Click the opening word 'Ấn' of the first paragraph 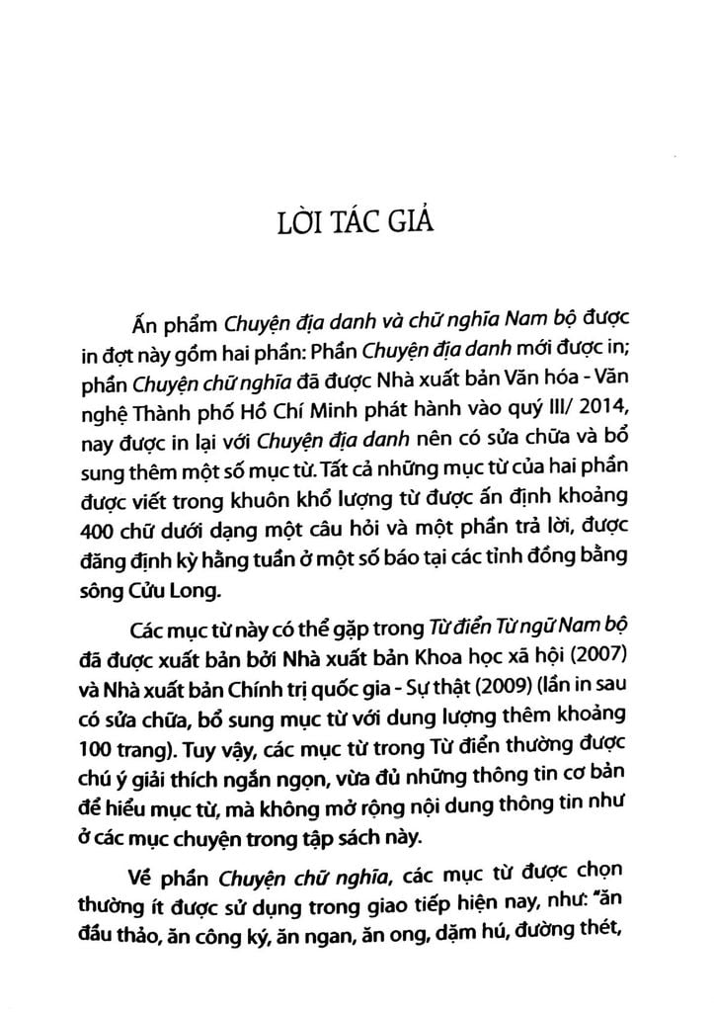[x=144, y=324]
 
